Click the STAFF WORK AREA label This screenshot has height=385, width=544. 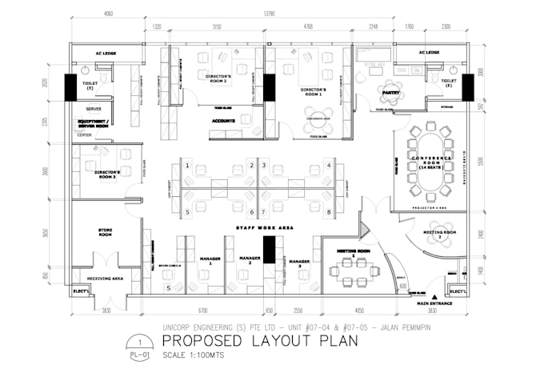pos(264,228)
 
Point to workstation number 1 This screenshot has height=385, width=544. pos(187,166)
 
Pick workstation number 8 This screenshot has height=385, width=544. pos(329,212)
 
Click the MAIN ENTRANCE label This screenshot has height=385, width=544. pos(434,303)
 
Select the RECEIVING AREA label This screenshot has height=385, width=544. pos(105,279)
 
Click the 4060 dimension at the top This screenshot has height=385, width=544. pos(108,14)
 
